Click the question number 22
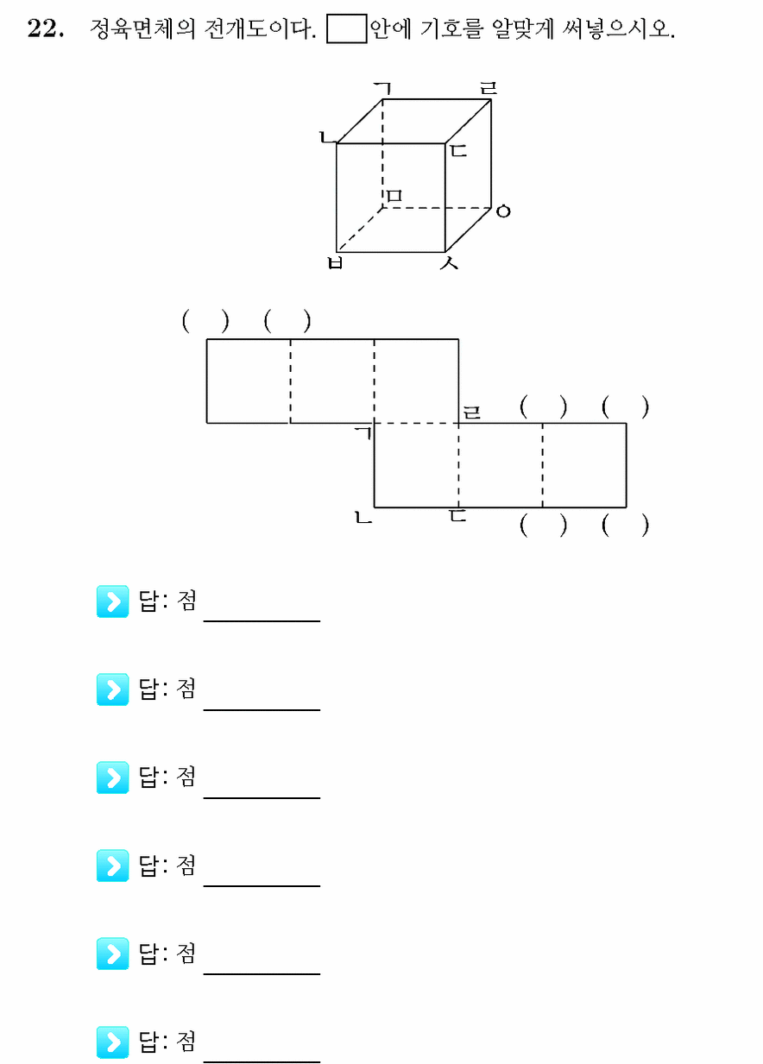(45, 28)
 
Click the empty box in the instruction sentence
(346, 29)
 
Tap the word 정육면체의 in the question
(142, 28)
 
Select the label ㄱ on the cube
(382, 88)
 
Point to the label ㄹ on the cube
(488, 88)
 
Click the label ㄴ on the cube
(327, 137)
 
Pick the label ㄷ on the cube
(458, 150)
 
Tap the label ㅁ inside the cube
(394, 195)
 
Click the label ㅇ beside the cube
(503, 211)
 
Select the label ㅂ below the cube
(336, 262)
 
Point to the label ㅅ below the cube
(449, 262)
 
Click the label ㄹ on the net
(472, 412)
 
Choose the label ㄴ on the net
(363, 517)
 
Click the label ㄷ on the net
(458, 515)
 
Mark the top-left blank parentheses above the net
(205, 321)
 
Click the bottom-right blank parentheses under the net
(625, 526)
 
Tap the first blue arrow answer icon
(112, 601)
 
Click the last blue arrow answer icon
(112, 1042)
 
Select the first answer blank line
(262, 620)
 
